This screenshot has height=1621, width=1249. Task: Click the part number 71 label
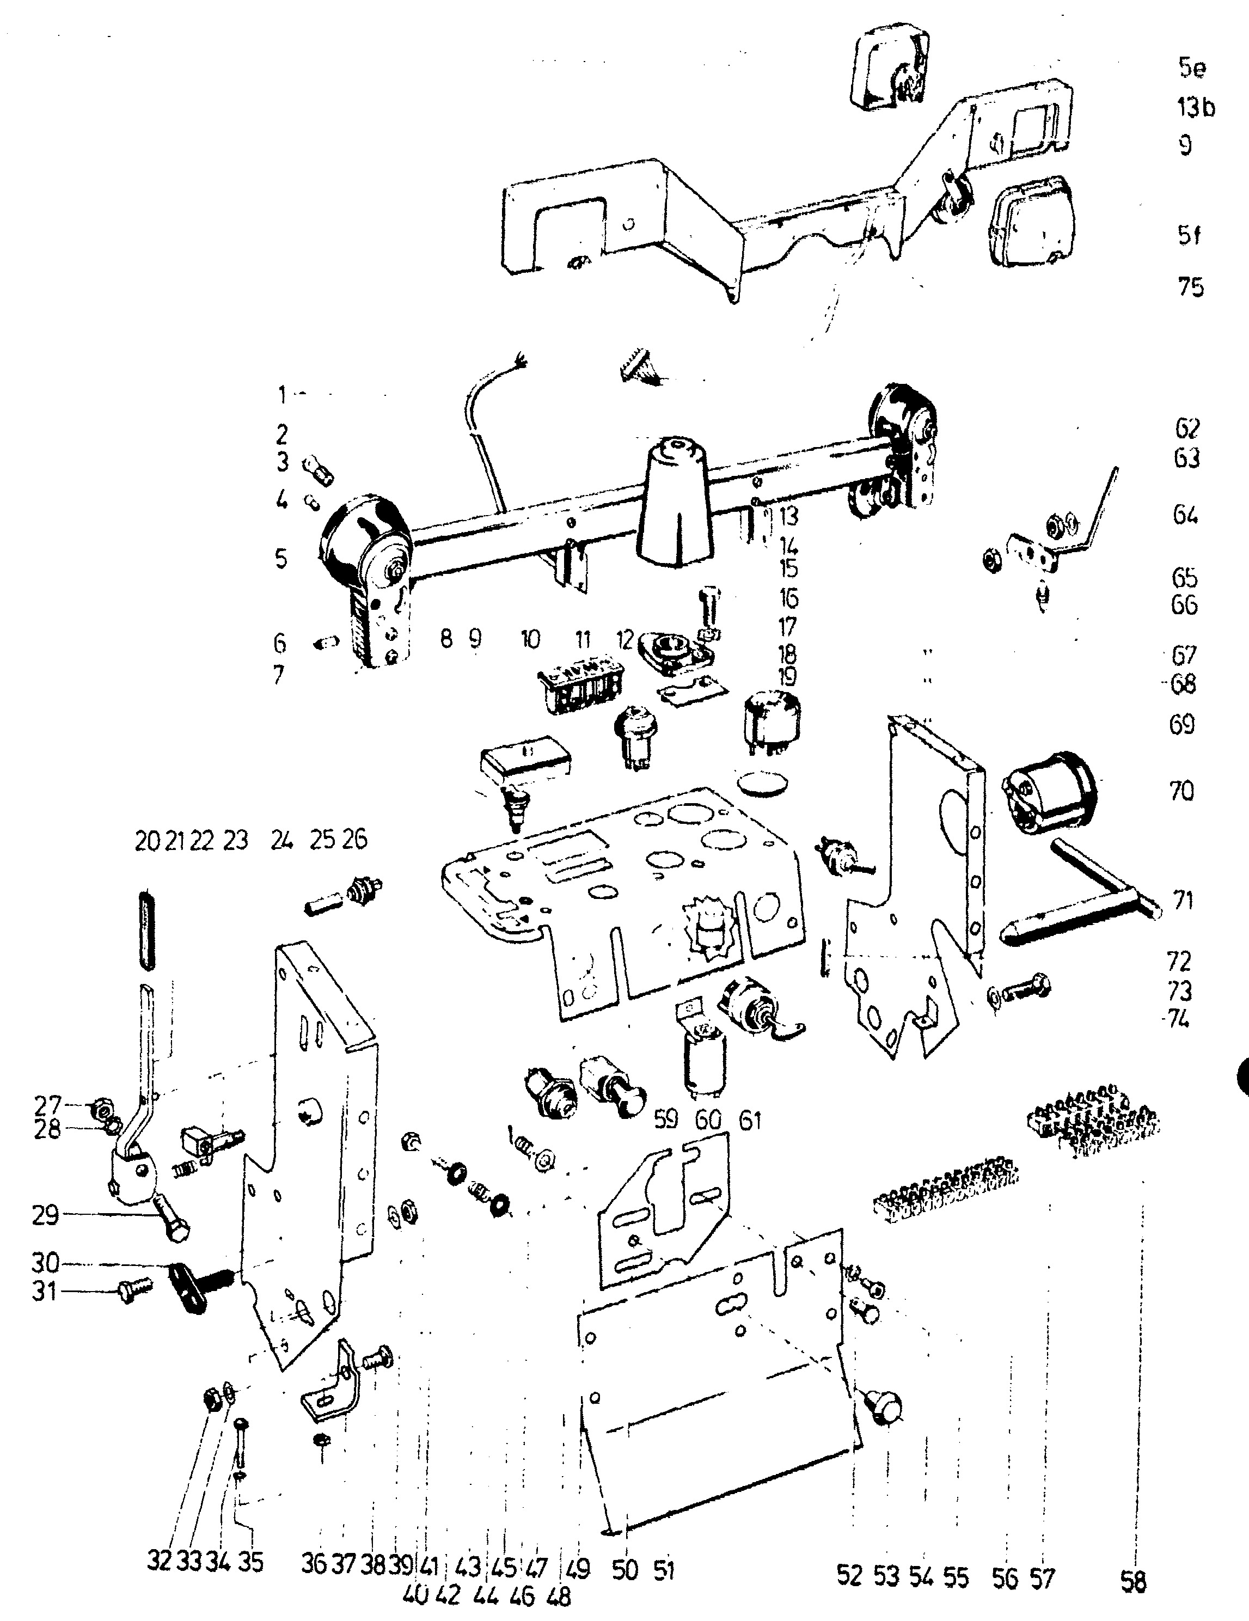(x=1183, y=900)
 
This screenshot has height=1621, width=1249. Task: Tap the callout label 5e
(x=1192, y=68)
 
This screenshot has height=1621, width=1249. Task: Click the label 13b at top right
(x=1196, y=108)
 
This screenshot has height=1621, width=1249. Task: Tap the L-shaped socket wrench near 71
(x=1076, y=891)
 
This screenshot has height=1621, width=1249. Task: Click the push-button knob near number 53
(x=885, y=1406)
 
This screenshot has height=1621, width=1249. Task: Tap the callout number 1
(x=281, y=394)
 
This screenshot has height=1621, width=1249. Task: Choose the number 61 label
(x=750, y=1120)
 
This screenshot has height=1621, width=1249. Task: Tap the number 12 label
(x=626, y=639)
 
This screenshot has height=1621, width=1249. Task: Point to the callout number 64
(x=1186, y=515)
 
